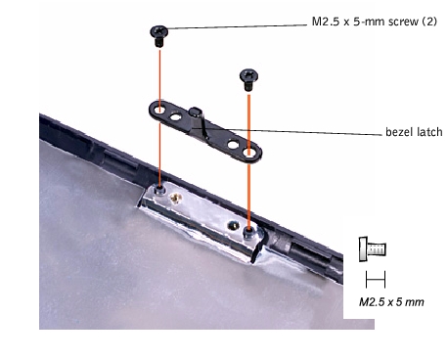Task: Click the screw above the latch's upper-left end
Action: point(159,36)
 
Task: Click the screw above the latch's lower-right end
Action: point(248,79)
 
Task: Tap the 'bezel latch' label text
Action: point(414,132)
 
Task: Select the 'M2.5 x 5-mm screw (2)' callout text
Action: point(375,22)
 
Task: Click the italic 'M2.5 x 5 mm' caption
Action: point(391,302)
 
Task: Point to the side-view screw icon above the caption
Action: point(373,249)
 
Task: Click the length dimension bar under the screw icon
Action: point(376,280)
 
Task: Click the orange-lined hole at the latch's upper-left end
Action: point(159,110)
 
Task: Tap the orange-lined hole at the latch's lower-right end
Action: point(249,152)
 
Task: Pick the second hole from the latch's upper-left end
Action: point(175,116)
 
